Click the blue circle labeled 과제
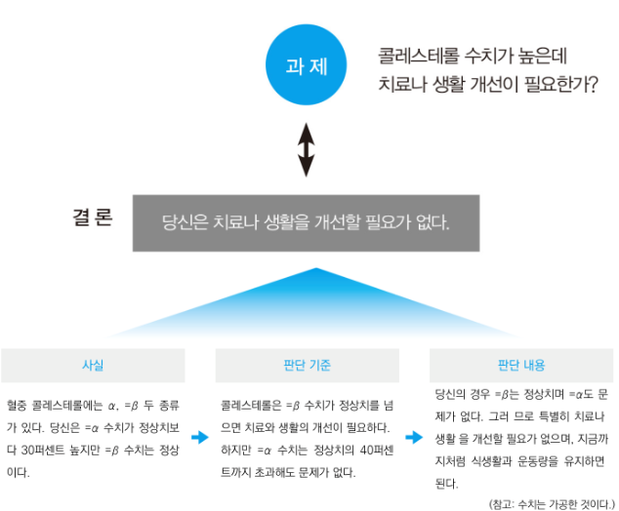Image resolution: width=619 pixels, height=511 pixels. click(x=306, y=66)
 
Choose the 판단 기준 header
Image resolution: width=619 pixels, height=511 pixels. click(x=306, y=366)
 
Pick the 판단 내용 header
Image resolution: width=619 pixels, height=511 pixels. click(x=520, y=366)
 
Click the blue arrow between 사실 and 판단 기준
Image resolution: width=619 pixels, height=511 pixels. click(x=200, y=437)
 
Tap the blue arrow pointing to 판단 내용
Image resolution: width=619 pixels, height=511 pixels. click(x=415, y=437)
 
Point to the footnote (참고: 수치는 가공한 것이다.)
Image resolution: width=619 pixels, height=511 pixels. click(x=550, y=502)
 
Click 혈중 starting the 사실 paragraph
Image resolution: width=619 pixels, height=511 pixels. click(x=17, y=403)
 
